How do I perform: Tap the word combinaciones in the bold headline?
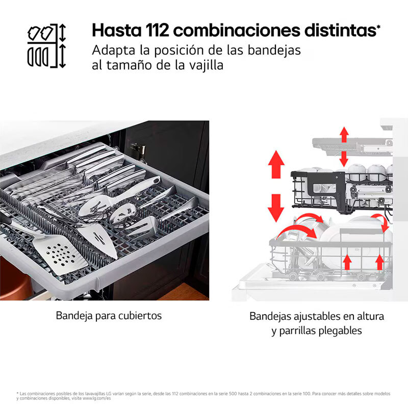pos(237,30)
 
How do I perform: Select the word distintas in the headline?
pos(340,30)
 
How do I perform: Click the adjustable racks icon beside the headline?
pos(47,46)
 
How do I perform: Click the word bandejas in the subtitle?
pos(274,50)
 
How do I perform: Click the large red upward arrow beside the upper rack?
pos(276,164)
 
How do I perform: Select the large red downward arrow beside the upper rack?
pos(276,208)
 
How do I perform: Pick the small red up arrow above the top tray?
pos(344,135)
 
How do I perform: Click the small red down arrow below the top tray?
pos(344,159)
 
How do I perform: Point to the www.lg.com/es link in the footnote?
pos(97,398)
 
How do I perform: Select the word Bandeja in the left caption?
pos(70,316)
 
